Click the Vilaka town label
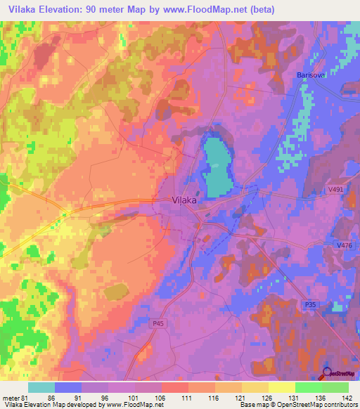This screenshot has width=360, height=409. (x=184, y=200)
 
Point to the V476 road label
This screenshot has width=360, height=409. (x=345, y=245)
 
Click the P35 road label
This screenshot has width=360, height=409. (x=311, y=304)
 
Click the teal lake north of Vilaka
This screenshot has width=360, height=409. (x=218, y=165)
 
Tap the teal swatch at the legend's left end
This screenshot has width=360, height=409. (x=41, y=387)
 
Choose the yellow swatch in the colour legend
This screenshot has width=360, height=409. (x=281, y=387)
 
